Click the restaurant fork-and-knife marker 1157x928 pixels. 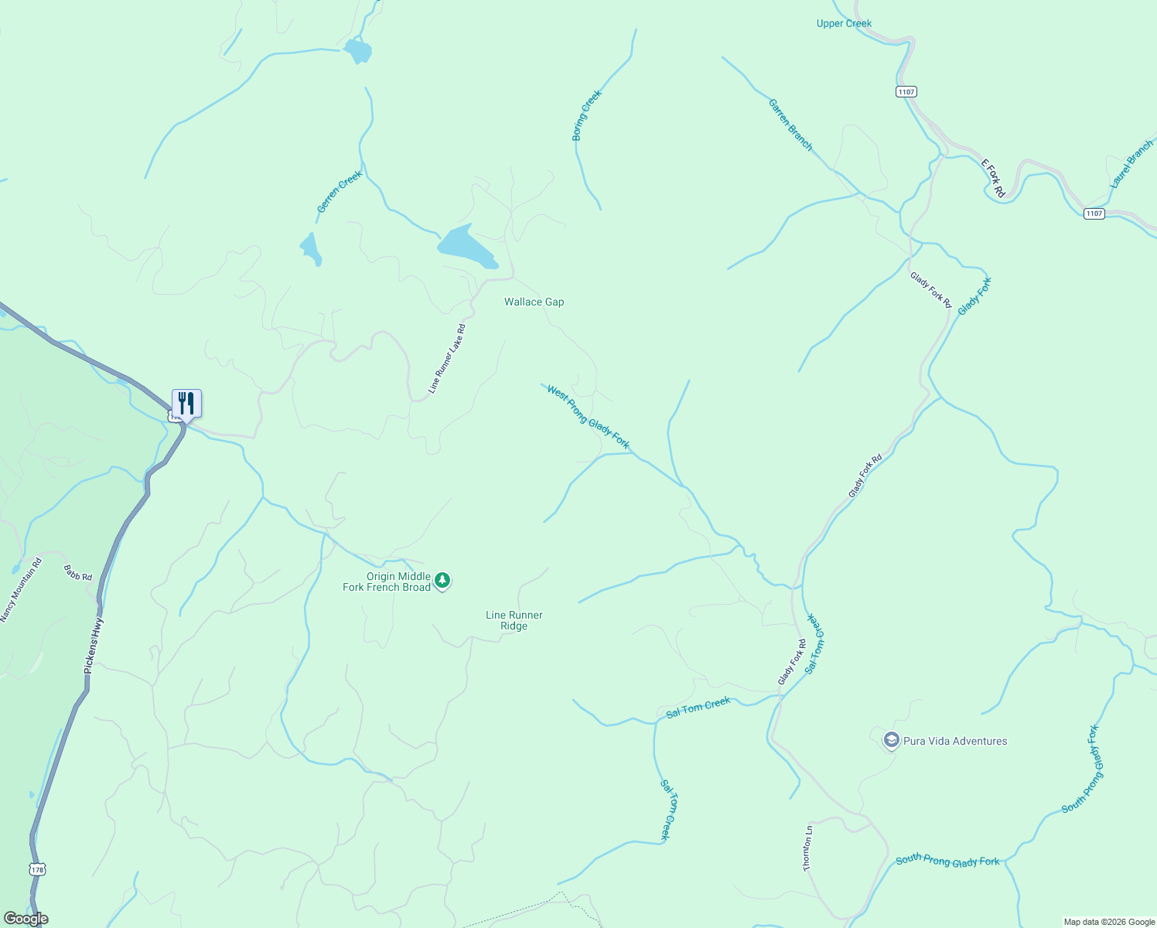[186, 404]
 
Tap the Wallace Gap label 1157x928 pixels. [534, 302]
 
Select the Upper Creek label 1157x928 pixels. [844, 24]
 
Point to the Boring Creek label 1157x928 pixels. [586, 116]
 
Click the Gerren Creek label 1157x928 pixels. [340, 192]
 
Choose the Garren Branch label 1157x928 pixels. [790, 125]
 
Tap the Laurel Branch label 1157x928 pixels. [1131, 164]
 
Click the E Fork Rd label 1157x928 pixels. [992, 179]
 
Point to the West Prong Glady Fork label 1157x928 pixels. [588, 417]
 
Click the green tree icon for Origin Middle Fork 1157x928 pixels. [442, 580]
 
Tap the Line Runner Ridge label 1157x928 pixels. [514, 620]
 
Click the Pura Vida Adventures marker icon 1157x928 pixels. [891, 741]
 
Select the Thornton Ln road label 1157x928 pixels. [807, 848]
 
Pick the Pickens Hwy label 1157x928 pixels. [93, 645]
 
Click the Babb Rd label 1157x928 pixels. [78, 572]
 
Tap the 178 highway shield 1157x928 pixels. [38, 870]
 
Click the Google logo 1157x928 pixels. [26, 919]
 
